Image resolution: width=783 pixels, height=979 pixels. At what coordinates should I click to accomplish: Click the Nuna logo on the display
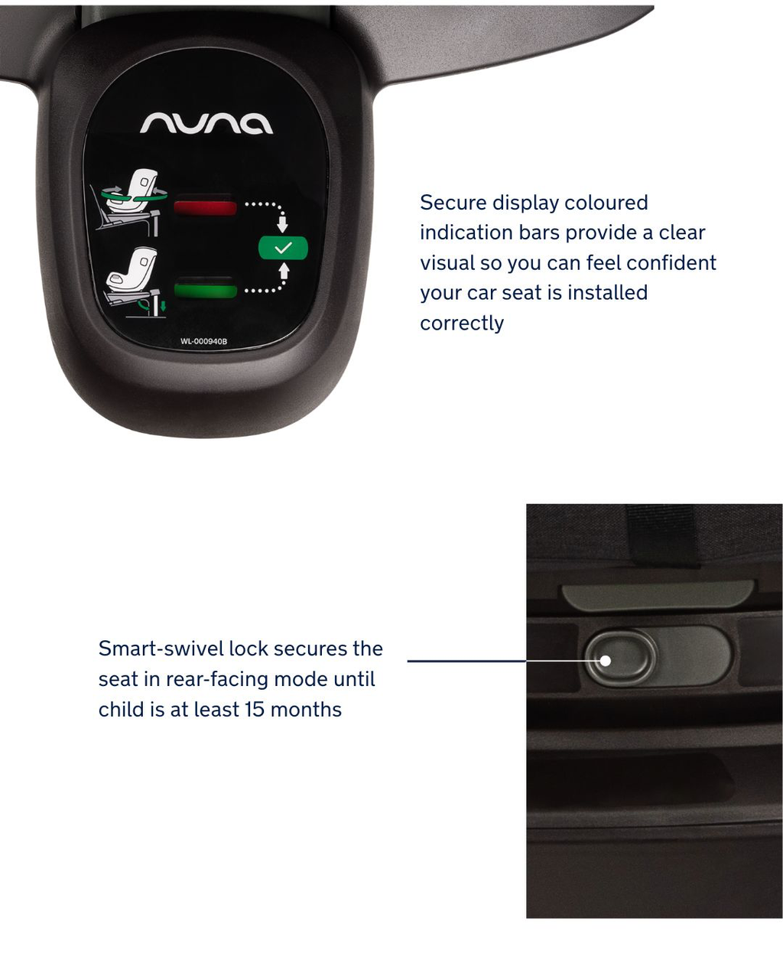tap(206, 122)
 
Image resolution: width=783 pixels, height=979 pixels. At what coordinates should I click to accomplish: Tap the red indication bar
tap(205, 207)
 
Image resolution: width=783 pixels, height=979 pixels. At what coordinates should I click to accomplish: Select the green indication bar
tap(206, 290)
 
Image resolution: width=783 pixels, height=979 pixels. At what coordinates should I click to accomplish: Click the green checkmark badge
tap(283, 248)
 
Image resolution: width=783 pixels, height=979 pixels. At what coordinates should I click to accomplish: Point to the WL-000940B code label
tap(203, 341)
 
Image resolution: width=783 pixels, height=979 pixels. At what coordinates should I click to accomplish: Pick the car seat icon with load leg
tap(135, 282)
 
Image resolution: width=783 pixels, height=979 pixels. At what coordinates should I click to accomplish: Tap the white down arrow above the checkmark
tap(282, 224)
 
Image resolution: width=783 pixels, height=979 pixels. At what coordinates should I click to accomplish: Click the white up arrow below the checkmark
tap(284, 271)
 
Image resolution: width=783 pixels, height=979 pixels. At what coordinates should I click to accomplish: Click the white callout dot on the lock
tap(605, 661)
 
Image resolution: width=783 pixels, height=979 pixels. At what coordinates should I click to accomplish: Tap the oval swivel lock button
tap(621, 657)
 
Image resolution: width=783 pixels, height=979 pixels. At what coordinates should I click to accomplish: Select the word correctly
tap(462, 324)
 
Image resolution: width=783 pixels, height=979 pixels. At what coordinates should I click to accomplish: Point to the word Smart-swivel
tap(161, 649)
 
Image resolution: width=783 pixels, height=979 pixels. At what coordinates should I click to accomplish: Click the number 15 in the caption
tap(255, 710)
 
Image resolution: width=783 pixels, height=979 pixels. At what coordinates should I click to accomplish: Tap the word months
tap(306, 710)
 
